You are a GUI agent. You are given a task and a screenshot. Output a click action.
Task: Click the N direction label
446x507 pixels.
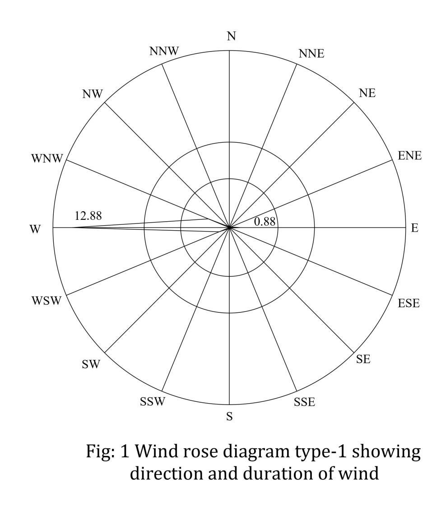(x=231, y=36)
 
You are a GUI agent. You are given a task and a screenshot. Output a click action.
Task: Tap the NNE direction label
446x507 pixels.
(x=311, y=53)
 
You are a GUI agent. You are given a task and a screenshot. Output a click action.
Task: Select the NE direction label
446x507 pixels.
(x=367, y=93)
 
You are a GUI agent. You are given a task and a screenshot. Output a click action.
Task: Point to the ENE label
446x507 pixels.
(x=409, y=156)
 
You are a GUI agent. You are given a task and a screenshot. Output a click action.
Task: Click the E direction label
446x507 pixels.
(x=414, y=228)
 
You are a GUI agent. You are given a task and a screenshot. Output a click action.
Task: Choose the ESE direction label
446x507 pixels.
(x=409, y=303)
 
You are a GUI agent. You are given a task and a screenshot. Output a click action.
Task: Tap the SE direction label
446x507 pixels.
(x=363, y=359)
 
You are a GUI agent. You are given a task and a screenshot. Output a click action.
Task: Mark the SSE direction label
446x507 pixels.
(x=304, y=402)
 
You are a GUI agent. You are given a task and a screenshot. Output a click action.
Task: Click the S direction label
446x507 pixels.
(x=229, y=417)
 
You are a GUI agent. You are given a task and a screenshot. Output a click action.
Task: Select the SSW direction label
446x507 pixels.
(x=153, y=401)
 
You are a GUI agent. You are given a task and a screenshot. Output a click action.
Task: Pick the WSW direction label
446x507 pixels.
(x=46, y=301)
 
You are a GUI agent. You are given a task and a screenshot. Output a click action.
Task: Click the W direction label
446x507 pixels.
(x=35, y=229)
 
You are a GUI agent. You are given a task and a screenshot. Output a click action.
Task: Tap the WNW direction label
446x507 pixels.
(x=46, y=159)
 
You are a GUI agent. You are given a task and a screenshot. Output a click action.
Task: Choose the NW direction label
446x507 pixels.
(x=93, y=94)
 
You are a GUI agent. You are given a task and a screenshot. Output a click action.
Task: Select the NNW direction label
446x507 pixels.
(x=164, y=51)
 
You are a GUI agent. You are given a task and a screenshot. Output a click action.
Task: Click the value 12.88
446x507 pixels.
(x=88, y=216)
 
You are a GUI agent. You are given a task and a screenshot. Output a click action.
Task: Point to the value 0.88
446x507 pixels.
(x=265, y=222)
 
